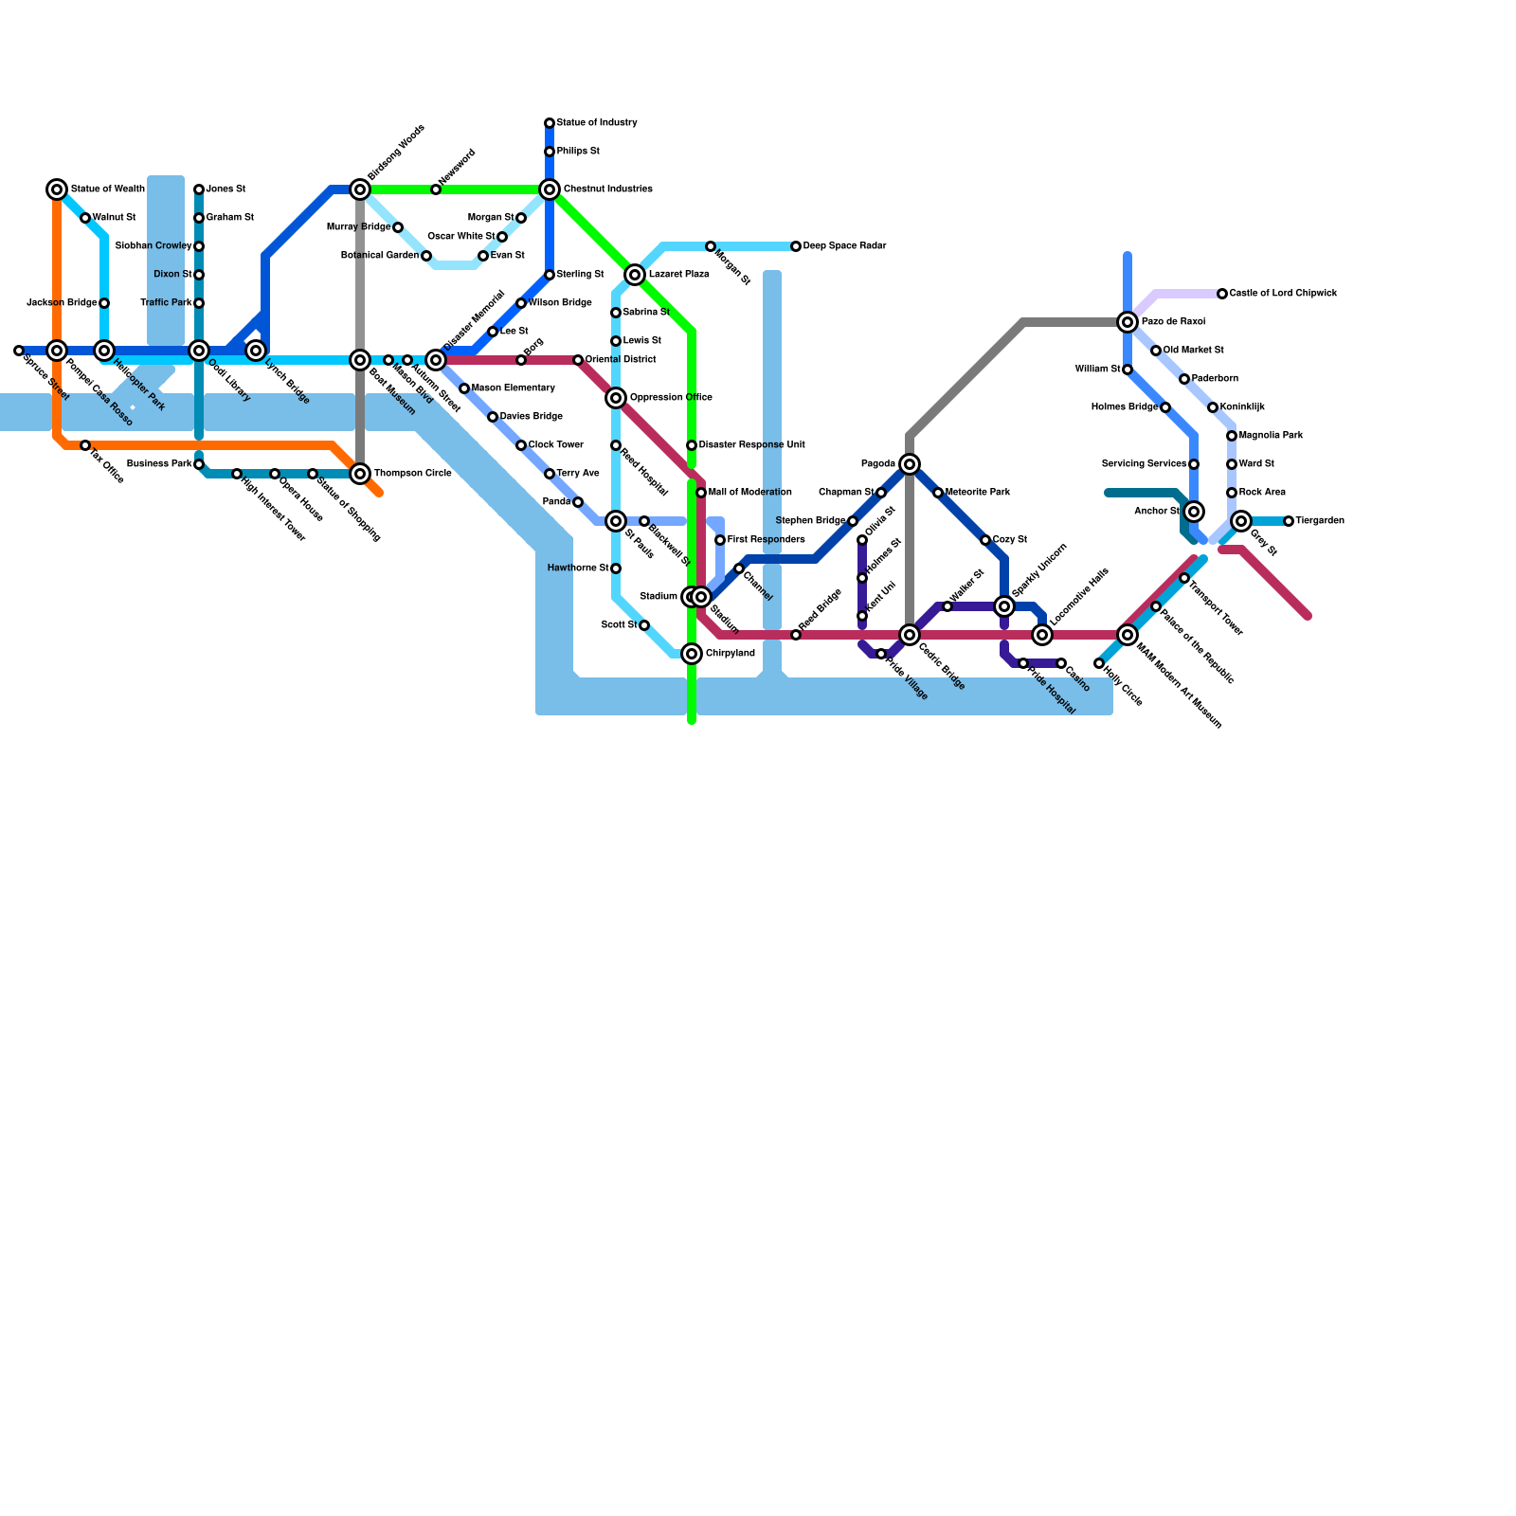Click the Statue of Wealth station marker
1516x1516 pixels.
click(57, 189)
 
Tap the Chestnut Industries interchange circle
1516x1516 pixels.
click(550, 189)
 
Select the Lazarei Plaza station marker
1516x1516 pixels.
click(635, 275)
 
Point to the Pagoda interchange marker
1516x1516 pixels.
click(910, 464)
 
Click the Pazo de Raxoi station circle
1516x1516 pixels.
click(1128, 322)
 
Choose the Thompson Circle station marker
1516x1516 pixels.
click(360, 474)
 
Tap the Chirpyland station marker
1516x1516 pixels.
click(692, 654)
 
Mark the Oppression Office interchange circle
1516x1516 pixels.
click(616, 398)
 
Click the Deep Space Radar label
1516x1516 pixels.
click(844, 246)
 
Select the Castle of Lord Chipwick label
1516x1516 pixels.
click(1283, 294)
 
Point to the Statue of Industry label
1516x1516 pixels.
click(597, 123)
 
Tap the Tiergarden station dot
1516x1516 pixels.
click(1289, 521)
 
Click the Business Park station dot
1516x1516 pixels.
click(199, 464)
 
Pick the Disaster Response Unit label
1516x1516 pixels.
click(752, 445)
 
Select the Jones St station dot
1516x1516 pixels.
click(199, 189)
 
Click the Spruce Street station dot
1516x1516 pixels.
click(19, 351)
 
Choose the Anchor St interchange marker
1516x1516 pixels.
click(1194, 512)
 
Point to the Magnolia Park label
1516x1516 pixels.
click(1271, 436)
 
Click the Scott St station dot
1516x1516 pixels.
click(644, 625)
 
